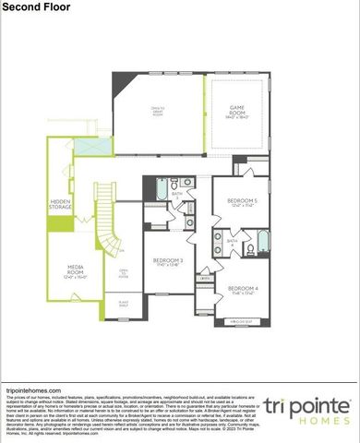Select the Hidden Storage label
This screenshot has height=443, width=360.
[x=61, y=206]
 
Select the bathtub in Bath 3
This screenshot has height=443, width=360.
[x=162, y=191]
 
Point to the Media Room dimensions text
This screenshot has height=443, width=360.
[x=75, y=276]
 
